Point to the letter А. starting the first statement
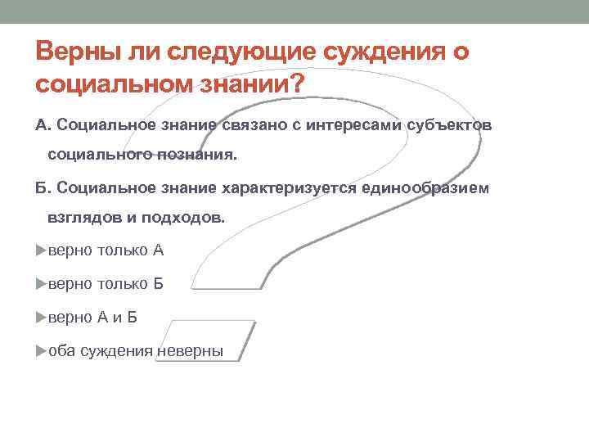[x=43, y=125]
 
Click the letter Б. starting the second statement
[x=43, y=188]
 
